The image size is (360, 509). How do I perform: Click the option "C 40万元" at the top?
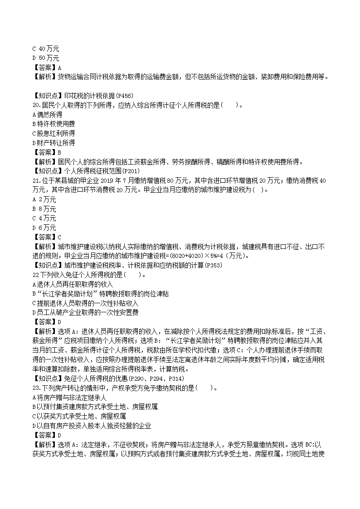click(46, 48)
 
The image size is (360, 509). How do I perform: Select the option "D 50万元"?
click(46, 58)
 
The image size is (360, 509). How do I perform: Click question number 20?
click(37, 105)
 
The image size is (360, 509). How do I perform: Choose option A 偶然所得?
click(48, 115)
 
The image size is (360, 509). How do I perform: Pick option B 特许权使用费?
click(54, 124)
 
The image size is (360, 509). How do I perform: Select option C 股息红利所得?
click(54, 134)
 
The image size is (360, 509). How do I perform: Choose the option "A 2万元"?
click(44, 199)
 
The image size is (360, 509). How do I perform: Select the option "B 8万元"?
click(44, 209)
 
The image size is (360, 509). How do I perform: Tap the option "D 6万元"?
click(44, 228)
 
